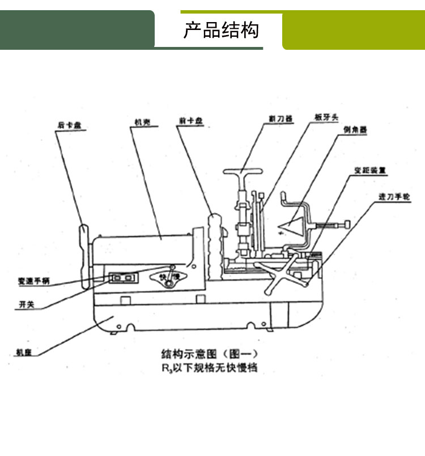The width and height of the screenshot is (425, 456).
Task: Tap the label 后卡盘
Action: pos(67,126)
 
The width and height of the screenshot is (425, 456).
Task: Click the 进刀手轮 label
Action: pos(392,196)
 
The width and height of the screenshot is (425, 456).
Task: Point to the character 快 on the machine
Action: pos(163,277)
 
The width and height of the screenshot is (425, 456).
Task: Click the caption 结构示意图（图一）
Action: pos(210,355)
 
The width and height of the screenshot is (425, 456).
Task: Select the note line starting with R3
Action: pos(209,368)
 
